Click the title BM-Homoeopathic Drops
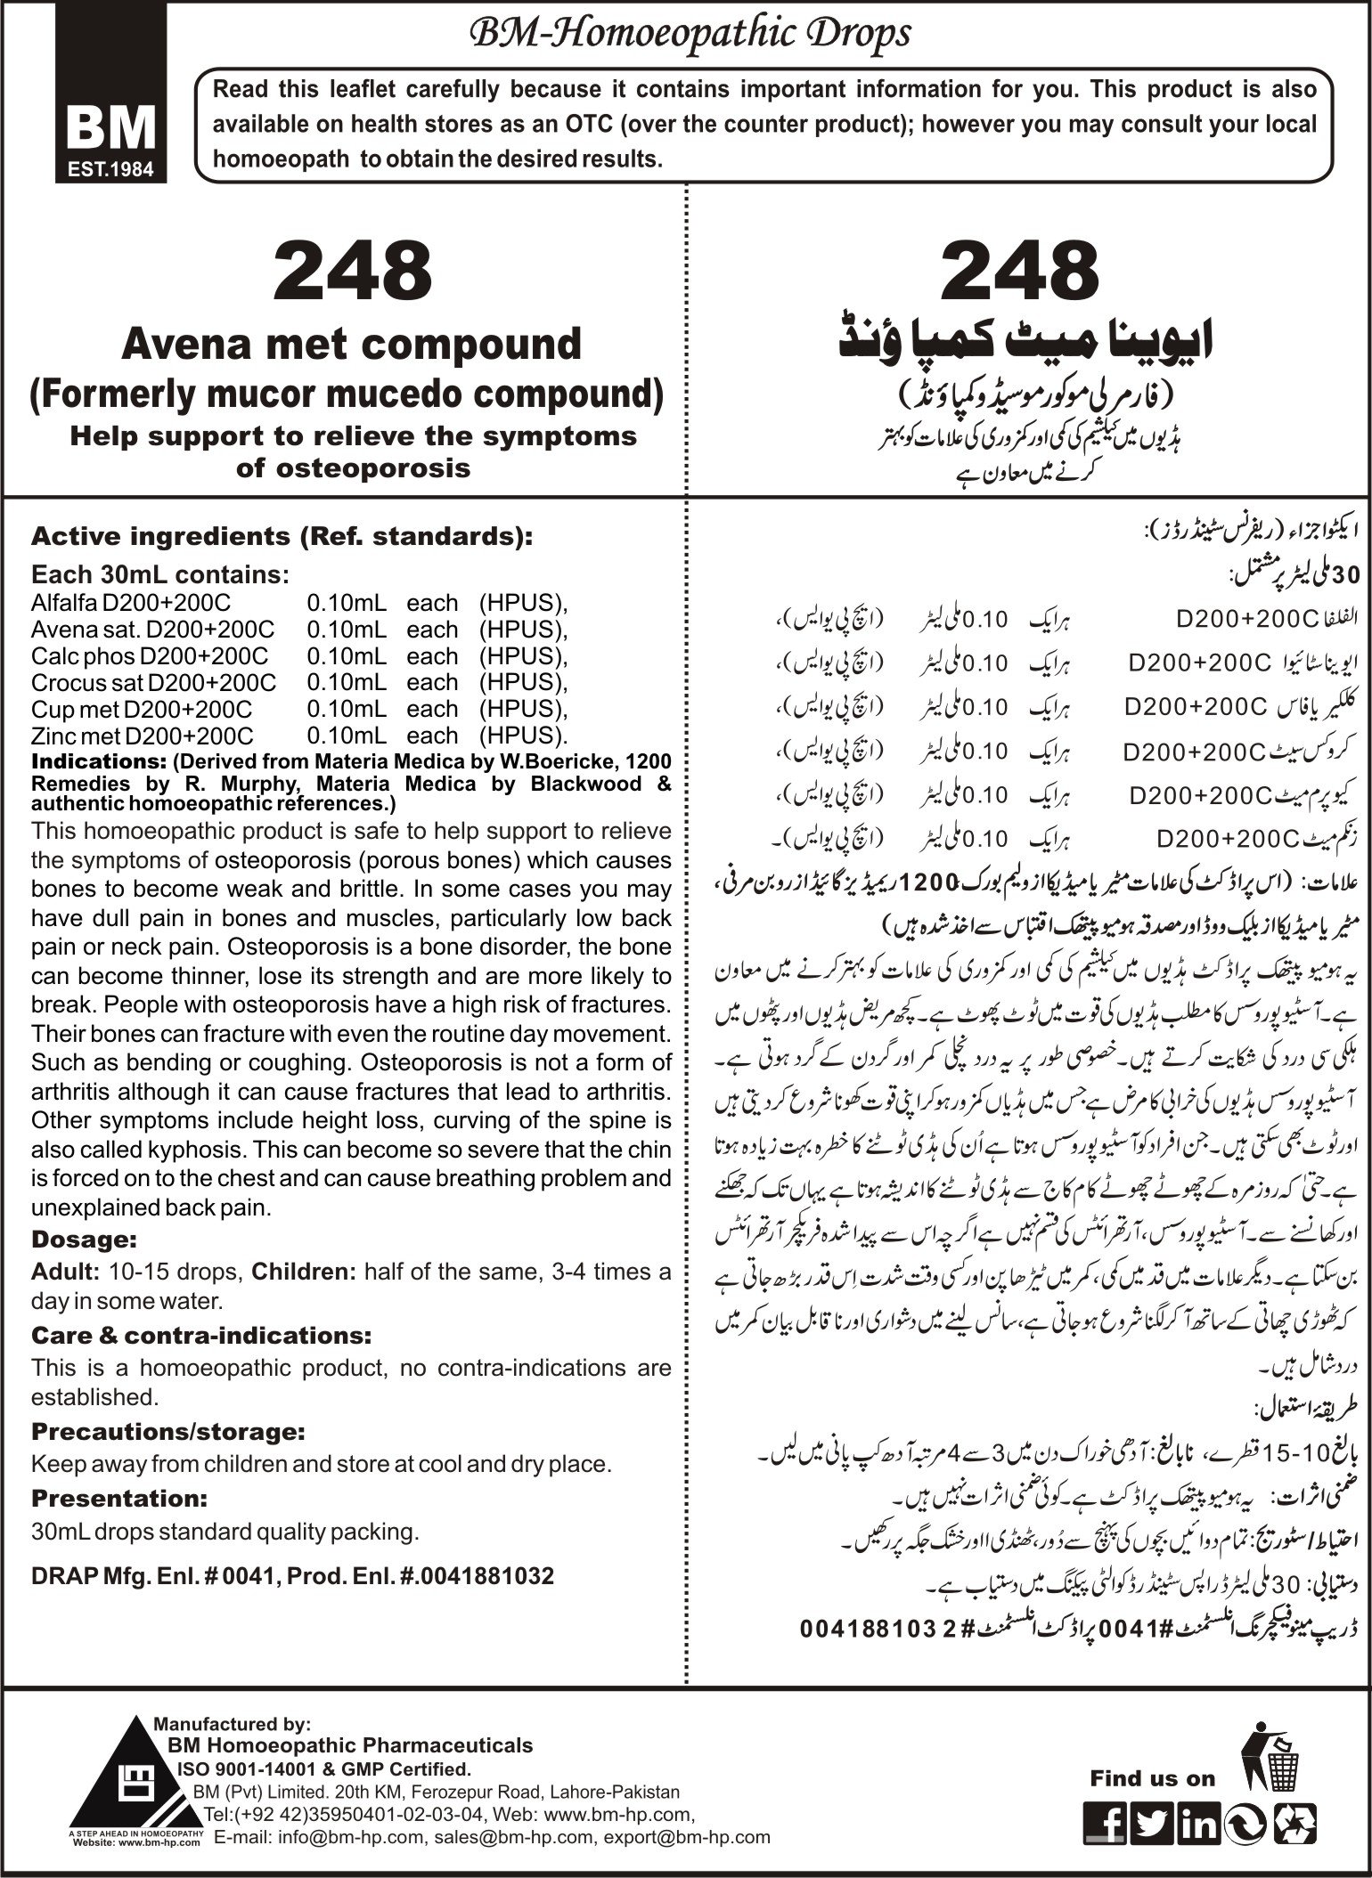690,35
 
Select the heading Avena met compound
351,345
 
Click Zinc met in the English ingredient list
74,736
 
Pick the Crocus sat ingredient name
87,683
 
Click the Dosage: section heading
84,1240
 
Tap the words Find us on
1151,1778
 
